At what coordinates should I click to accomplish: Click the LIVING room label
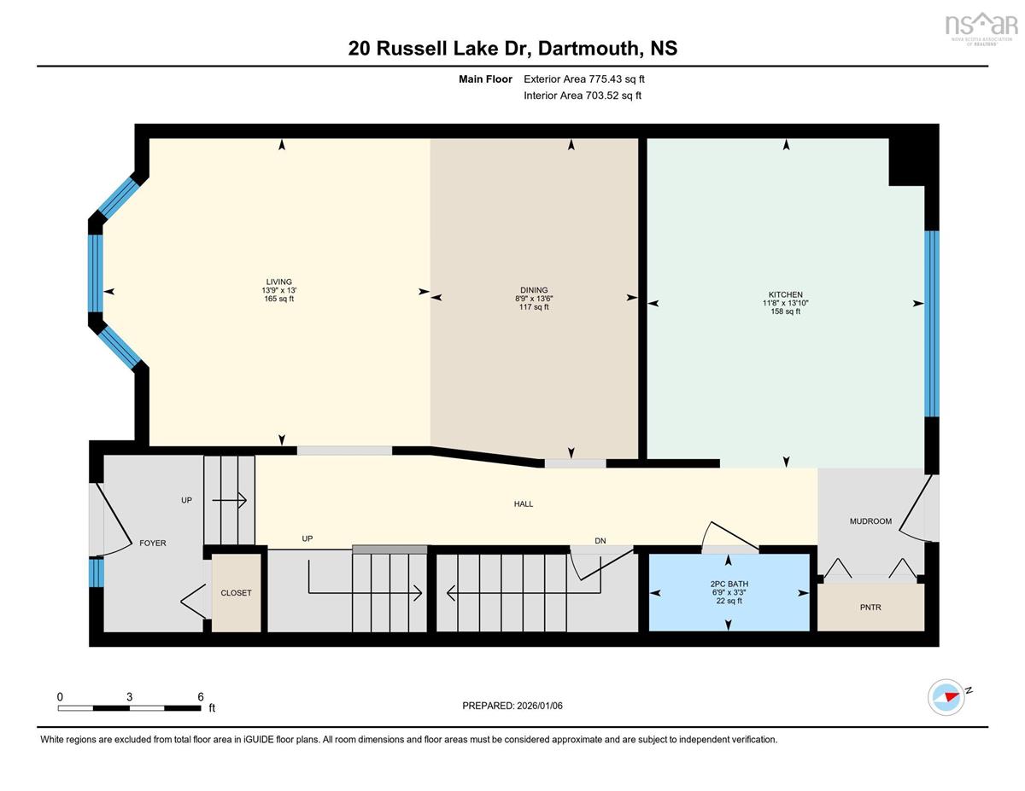(278, 282)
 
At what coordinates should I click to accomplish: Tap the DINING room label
(534, 290)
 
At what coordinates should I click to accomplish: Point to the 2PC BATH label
(728, 585)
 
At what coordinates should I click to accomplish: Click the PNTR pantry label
(870, 608)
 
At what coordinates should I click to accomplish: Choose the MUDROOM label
(870, 521)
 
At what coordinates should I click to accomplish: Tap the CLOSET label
(236, 593)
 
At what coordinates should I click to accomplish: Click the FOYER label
(153, 543)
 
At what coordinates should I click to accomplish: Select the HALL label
(524, 504)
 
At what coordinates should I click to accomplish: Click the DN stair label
(600, 540)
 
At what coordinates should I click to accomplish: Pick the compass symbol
(946, 696)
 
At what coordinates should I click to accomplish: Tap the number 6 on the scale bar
(201, 696)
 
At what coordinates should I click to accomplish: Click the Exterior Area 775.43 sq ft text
(583, 79)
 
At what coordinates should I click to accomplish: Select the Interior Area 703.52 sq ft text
(582, 96)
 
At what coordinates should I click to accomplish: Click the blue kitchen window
(932, 323)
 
